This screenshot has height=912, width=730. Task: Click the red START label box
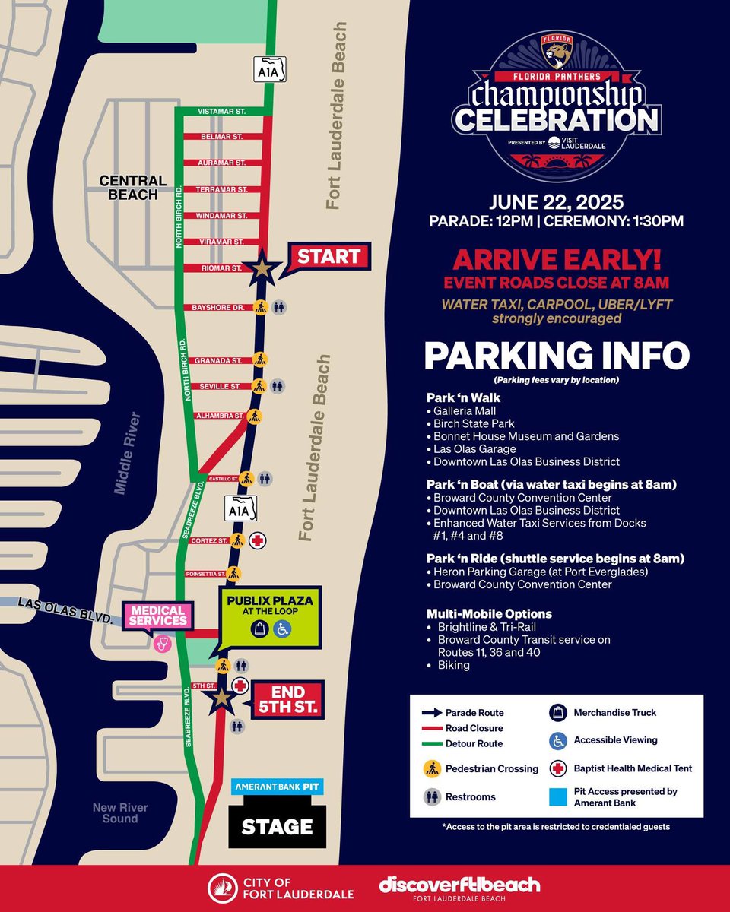click(328, 257)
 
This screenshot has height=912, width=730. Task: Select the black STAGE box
click(277, 826)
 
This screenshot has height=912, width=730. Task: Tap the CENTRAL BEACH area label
click(132, 187)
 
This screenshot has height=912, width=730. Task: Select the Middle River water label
click(126, 453)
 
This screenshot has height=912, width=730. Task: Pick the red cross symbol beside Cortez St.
click(258, 540)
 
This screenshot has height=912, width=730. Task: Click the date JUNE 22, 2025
click(556, 203)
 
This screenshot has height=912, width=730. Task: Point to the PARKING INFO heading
click(556, 356)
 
